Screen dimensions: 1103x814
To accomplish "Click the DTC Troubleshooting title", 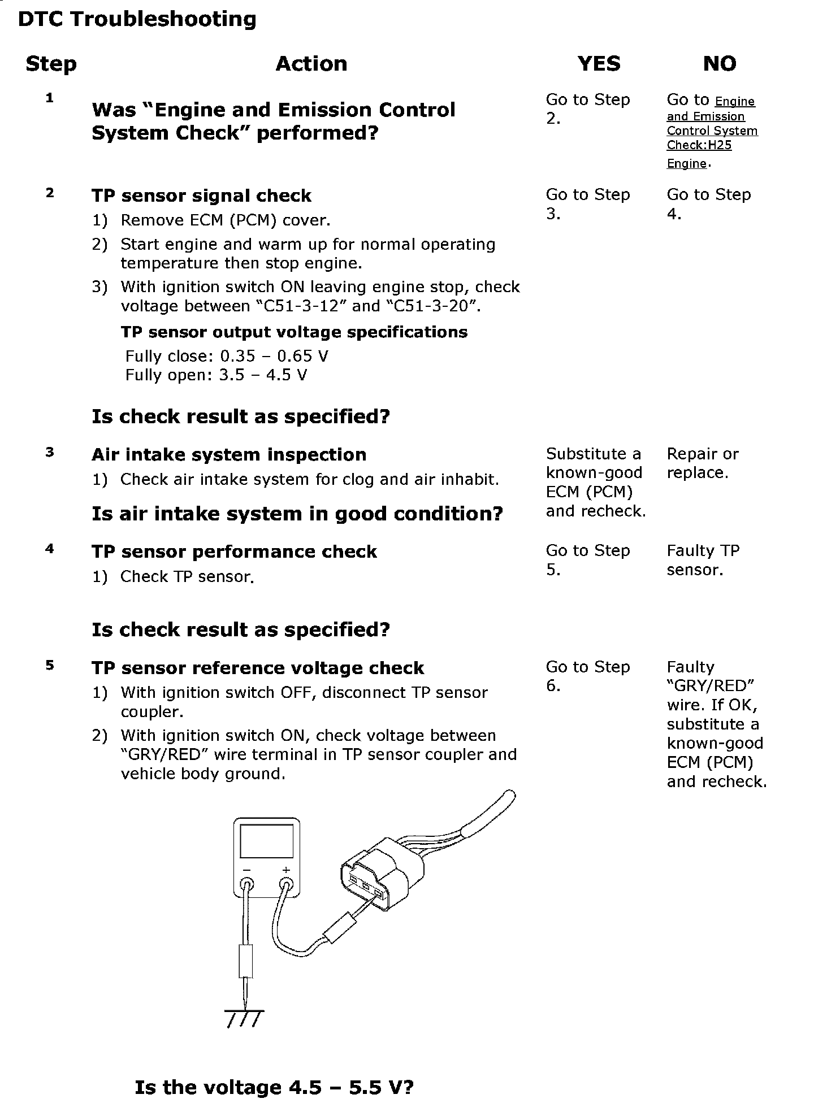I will (137, 20).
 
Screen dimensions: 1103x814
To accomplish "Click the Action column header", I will (311, 64).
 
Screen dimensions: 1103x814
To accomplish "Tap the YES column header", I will (599, 64).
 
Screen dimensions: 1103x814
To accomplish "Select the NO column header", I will (719, 64).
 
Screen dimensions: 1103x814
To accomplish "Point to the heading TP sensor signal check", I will (201, 196).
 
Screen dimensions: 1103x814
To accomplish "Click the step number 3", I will (50, 452).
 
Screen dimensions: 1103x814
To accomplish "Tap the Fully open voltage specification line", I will (216, 375).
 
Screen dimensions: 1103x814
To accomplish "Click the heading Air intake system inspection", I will (229, 455).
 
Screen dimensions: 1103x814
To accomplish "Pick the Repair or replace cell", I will (703, 463).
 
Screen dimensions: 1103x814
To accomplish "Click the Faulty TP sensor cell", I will (703, 560).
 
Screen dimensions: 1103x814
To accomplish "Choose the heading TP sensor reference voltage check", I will (258, 668).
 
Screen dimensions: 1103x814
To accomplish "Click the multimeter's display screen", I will (267, 841).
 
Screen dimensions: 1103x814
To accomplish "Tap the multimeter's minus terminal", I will (247, 884).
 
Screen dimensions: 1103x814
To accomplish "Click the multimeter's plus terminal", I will (286, 884).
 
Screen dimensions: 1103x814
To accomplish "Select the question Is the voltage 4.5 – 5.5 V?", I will (274, 1087).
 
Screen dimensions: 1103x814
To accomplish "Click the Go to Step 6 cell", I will (588, 676).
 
